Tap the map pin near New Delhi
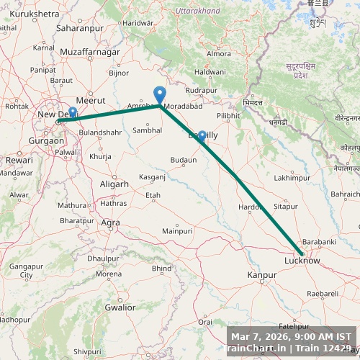(x=73, y=114)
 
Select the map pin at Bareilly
(x=202, y=136)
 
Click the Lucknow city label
(x=302, y=261)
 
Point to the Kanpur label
(x=261, y=276)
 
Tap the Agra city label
(x=110, y=222)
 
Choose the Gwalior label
(x=120, y=307)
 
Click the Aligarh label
(x=114, y=184)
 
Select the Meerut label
(x=91, y=100)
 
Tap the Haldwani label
(x=210, y=72)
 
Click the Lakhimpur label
(x=292, y=177)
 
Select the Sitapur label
(x=286, y=206)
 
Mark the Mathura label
(x=72, y=205)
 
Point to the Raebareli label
(x=322, y=294)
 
